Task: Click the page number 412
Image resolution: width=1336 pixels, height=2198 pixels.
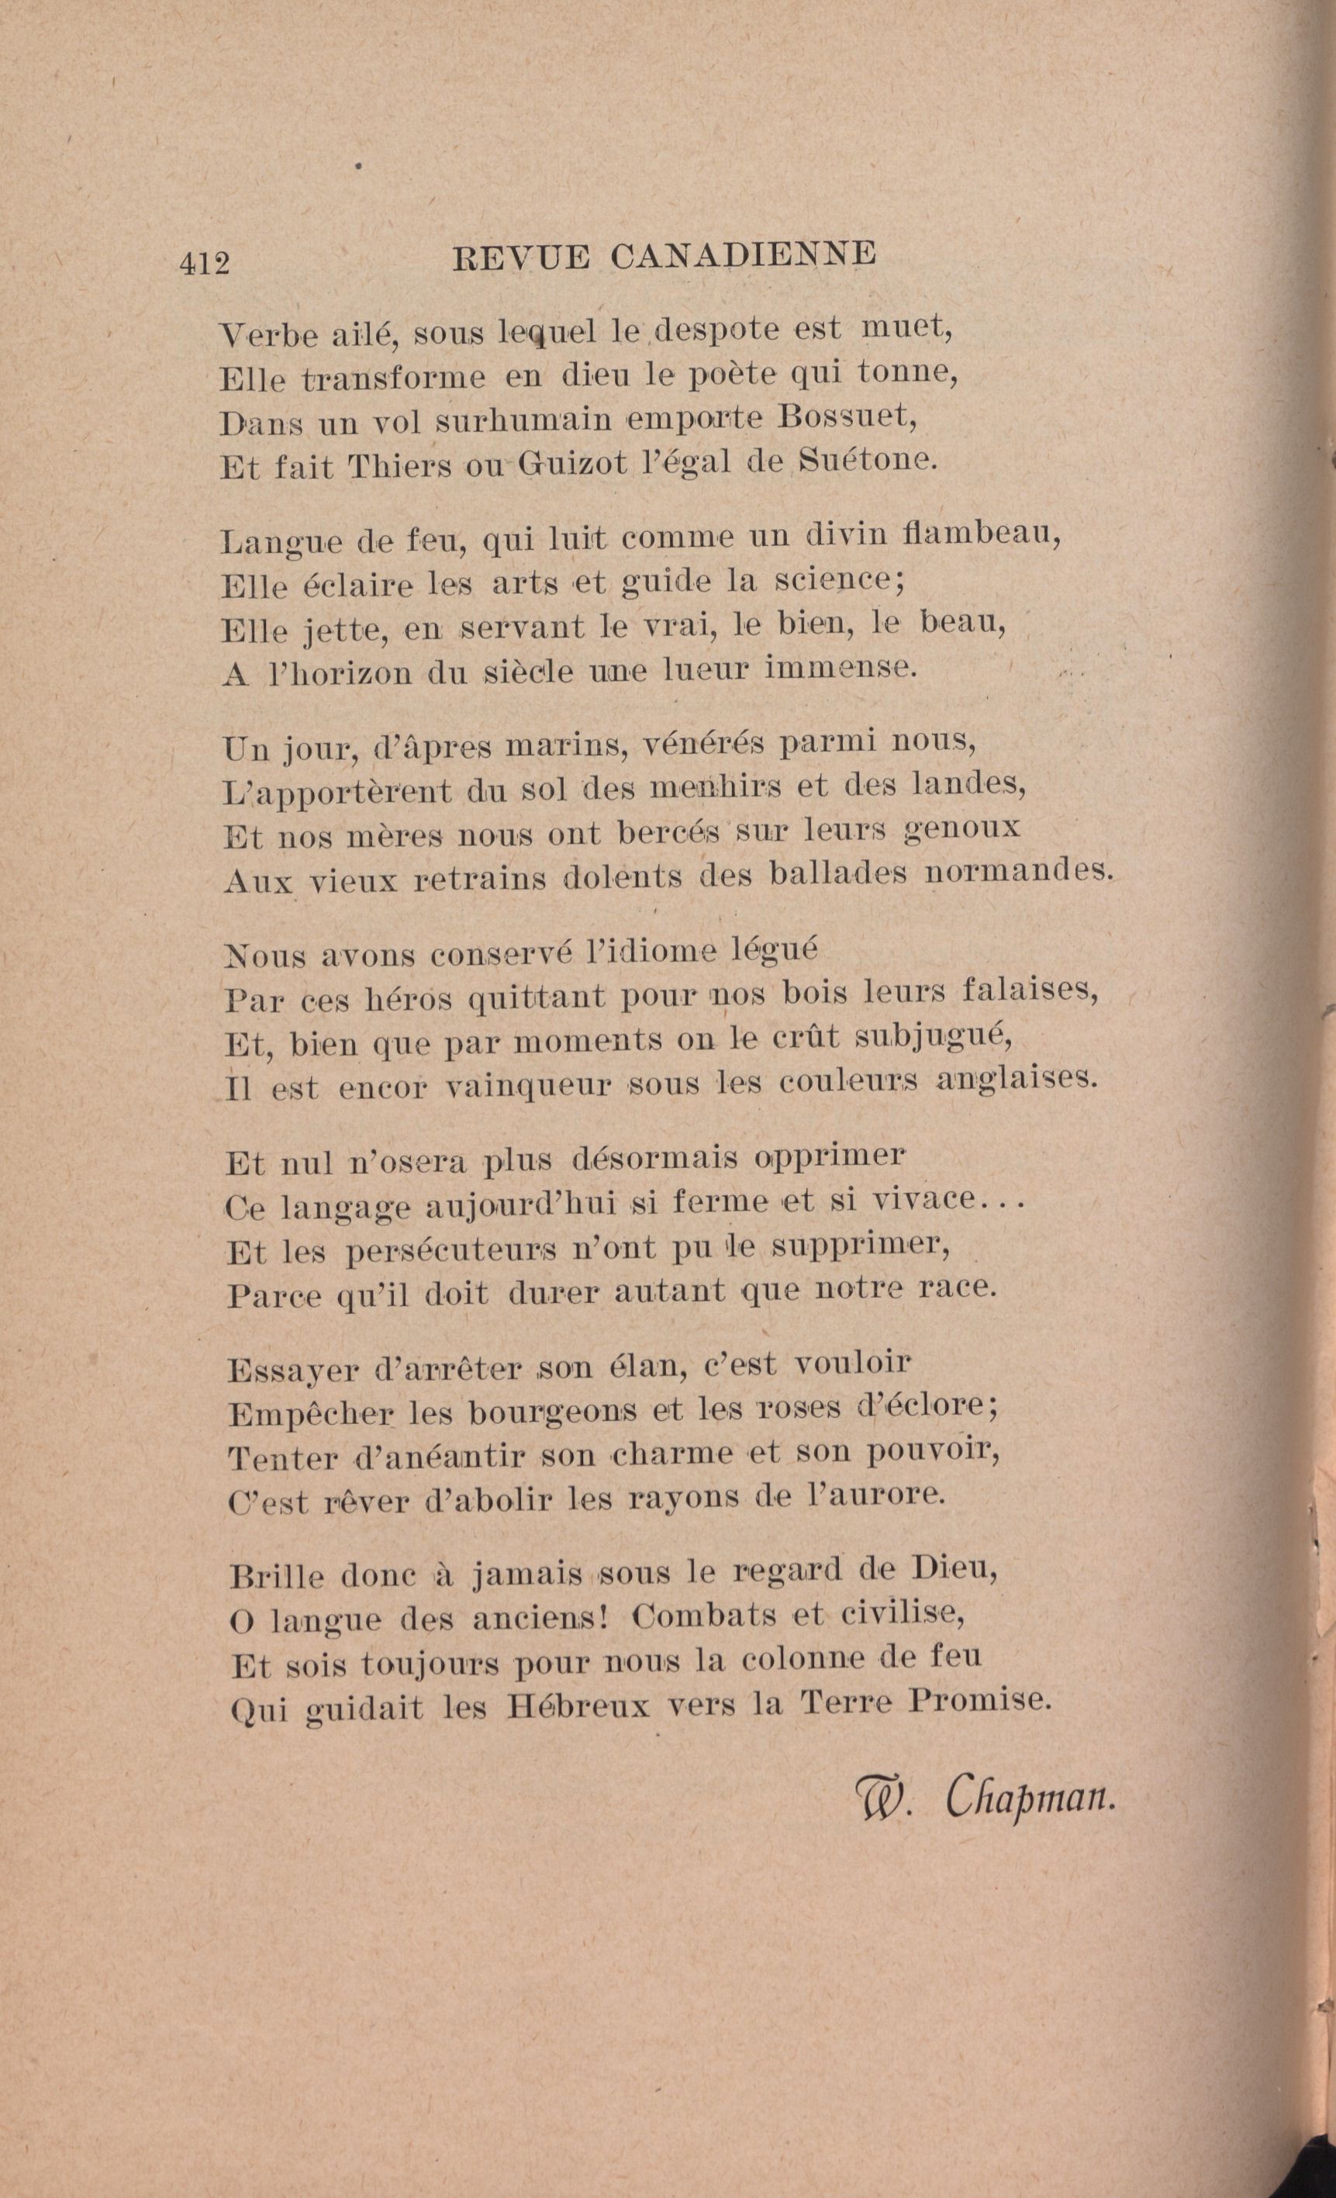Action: pyautogui.click(x=204, y=264)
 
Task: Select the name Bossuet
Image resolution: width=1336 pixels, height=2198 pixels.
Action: pyautogui.click(x=848, y=417)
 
